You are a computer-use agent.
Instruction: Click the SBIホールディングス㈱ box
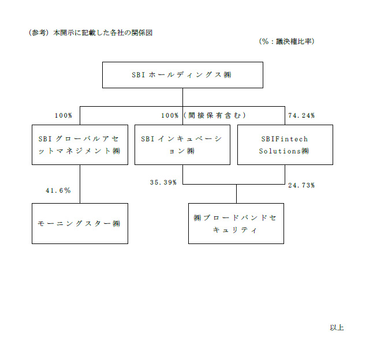coord(182,75)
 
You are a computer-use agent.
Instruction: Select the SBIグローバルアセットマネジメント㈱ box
coord(80,145)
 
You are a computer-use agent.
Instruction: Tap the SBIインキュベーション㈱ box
coord(182,145)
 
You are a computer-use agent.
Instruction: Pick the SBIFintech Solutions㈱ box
coord(285,145)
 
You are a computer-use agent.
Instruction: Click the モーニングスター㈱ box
coord(80,223)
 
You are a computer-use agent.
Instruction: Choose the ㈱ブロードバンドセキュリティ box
coord(236,223)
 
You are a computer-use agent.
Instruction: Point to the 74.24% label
coord(301,115)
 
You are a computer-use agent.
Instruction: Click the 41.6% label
coord(58,190)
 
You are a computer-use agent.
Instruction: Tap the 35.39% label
coord(163,182)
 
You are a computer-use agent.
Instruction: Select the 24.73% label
coord(301,185)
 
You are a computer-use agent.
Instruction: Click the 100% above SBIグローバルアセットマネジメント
coord(64,115)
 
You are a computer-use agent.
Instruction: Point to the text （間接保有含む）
coord(215,115)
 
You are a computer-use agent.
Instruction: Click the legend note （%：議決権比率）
coord(286,42)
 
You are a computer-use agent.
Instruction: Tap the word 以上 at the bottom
coord(337,328)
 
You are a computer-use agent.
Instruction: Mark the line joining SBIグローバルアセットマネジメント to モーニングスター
coord(80,184)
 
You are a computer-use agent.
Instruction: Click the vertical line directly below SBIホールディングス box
coord(182,97)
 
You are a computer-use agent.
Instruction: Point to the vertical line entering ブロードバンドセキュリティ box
coord(237,194)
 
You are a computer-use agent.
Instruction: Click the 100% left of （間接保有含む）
coord(170,115)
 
